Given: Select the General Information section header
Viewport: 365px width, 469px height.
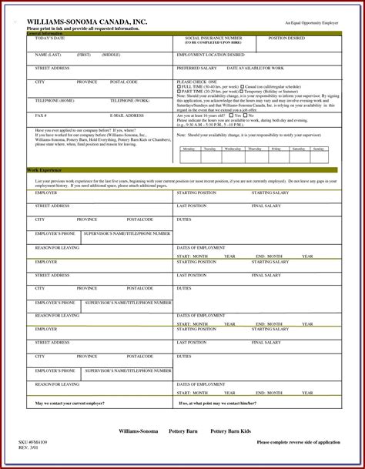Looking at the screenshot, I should pyautogui.click(x=45, y=34).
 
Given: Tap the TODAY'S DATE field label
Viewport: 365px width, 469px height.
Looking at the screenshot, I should pyautogui.click(x=50, y=39).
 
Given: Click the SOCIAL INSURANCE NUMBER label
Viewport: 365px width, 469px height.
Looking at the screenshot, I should pyautogui.click(x=213, y=38).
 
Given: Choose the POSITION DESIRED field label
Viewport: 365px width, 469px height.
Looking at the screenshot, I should pyautogui.click(x=286, y=38).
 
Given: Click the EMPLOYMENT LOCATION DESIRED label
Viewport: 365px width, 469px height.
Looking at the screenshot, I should pyautogui.click(x=211, y=55).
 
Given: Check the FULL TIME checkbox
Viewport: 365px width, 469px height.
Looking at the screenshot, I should pyautogui.click(x=179, y=87).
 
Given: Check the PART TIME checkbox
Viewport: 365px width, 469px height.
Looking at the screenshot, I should pyautogui.click(x=179, y=92).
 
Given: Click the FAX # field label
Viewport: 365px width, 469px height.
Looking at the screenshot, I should pyautogui.click(x=41, y=116).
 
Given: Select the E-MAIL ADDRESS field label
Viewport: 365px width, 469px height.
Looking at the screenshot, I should pyautogui.click(x=127, y=116).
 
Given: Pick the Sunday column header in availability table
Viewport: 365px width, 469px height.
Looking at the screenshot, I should pyautogui.click(x=318, y=149).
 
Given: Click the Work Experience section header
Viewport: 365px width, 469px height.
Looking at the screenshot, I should pyautogui.click(x=44, y=169).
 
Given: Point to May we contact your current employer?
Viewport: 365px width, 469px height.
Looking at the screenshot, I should pyautogui.click(x=70, y=403).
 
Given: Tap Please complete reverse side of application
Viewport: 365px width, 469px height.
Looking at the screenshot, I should pyautogui.click(x=298, y=443).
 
